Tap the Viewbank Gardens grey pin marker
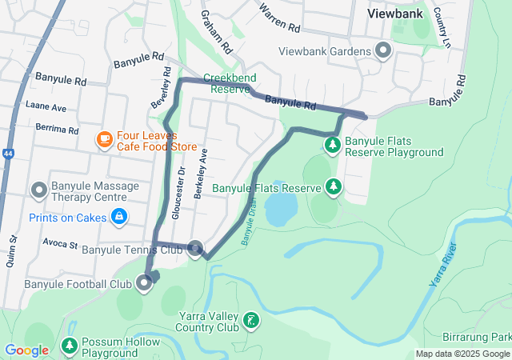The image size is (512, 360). [x=383, y=51]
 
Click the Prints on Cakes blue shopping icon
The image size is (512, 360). [x=118, y=216]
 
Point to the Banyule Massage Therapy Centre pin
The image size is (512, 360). [x=38, y=190]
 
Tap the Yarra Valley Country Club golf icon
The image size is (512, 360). [x=251, y=321]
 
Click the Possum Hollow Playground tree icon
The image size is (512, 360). [x=70, y=346]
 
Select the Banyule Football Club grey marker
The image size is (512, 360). [x=144, y=283]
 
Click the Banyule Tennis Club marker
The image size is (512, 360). [x=195, y=248]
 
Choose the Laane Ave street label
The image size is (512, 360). [x=46, y=106]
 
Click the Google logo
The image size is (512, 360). [x=26, y=350]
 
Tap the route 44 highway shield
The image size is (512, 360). [x=7, y=152]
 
